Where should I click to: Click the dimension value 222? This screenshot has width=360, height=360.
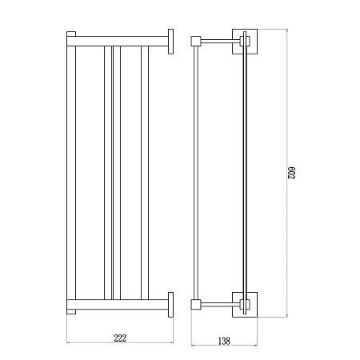[120, 338]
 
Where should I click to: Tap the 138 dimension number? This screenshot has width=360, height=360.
[224, 341]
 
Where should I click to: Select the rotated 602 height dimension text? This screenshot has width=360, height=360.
[292, 173]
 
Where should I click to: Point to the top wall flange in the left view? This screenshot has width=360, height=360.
[170, 42]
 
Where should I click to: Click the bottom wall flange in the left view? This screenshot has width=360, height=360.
[170, 305]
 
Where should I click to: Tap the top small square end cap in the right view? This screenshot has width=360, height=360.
[195, 41]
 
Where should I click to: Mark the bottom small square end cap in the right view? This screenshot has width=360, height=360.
[195, 305]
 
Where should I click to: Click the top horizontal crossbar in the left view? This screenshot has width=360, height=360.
[118, 41]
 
